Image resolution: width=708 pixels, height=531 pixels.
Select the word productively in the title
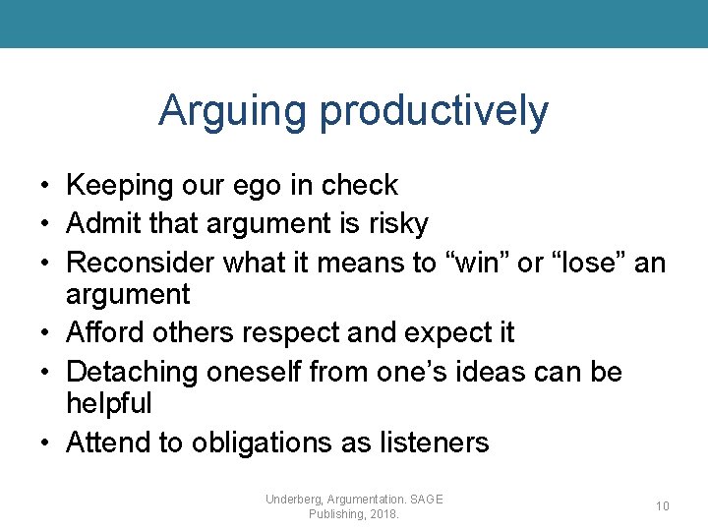[434, 112]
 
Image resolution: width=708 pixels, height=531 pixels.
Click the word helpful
[108, 403]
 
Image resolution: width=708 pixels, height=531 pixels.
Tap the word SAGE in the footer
[426, 500]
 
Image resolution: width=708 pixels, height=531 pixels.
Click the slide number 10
[663, 506]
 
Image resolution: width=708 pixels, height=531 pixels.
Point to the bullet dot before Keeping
[45, 186]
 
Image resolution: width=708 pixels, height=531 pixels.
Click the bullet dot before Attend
[45, 443]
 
